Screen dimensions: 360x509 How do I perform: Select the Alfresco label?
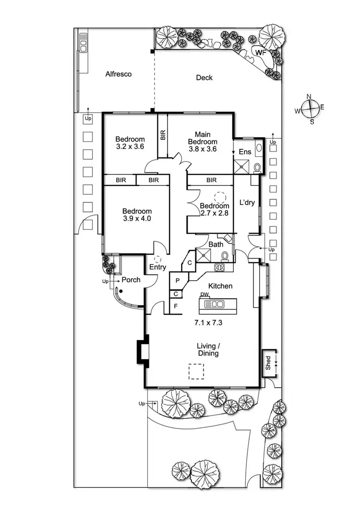tap(119, 74)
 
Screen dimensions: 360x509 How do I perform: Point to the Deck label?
tap(204, 78)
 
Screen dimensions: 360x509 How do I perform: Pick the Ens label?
tap(245, 152)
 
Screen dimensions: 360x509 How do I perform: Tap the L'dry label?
tap(246, 202)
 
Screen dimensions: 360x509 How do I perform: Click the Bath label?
tap(216, 245)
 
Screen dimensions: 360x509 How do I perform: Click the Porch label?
tap(131, 280)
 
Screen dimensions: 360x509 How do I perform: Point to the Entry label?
tap(158, 267)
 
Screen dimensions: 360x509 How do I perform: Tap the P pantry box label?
tap(177, 280)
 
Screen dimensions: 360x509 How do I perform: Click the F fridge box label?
tap(176, 305)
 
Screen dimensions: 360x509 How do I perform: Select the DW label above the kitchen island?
tap(204, 295)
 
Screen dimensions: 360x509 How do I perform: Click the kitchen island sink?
tap(217, 304)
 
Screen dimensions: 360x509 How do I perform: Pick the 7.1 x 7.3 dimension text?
tap(209, 322)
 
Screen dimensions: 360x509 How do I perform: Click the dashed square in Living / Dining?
tap(195, 371)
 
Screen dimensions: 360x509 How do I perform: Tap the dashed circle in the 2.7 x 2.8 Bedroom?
tap(220, 197)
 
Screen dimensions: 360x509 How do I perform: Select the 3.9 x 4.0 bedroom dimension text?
tap(137, 219)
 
